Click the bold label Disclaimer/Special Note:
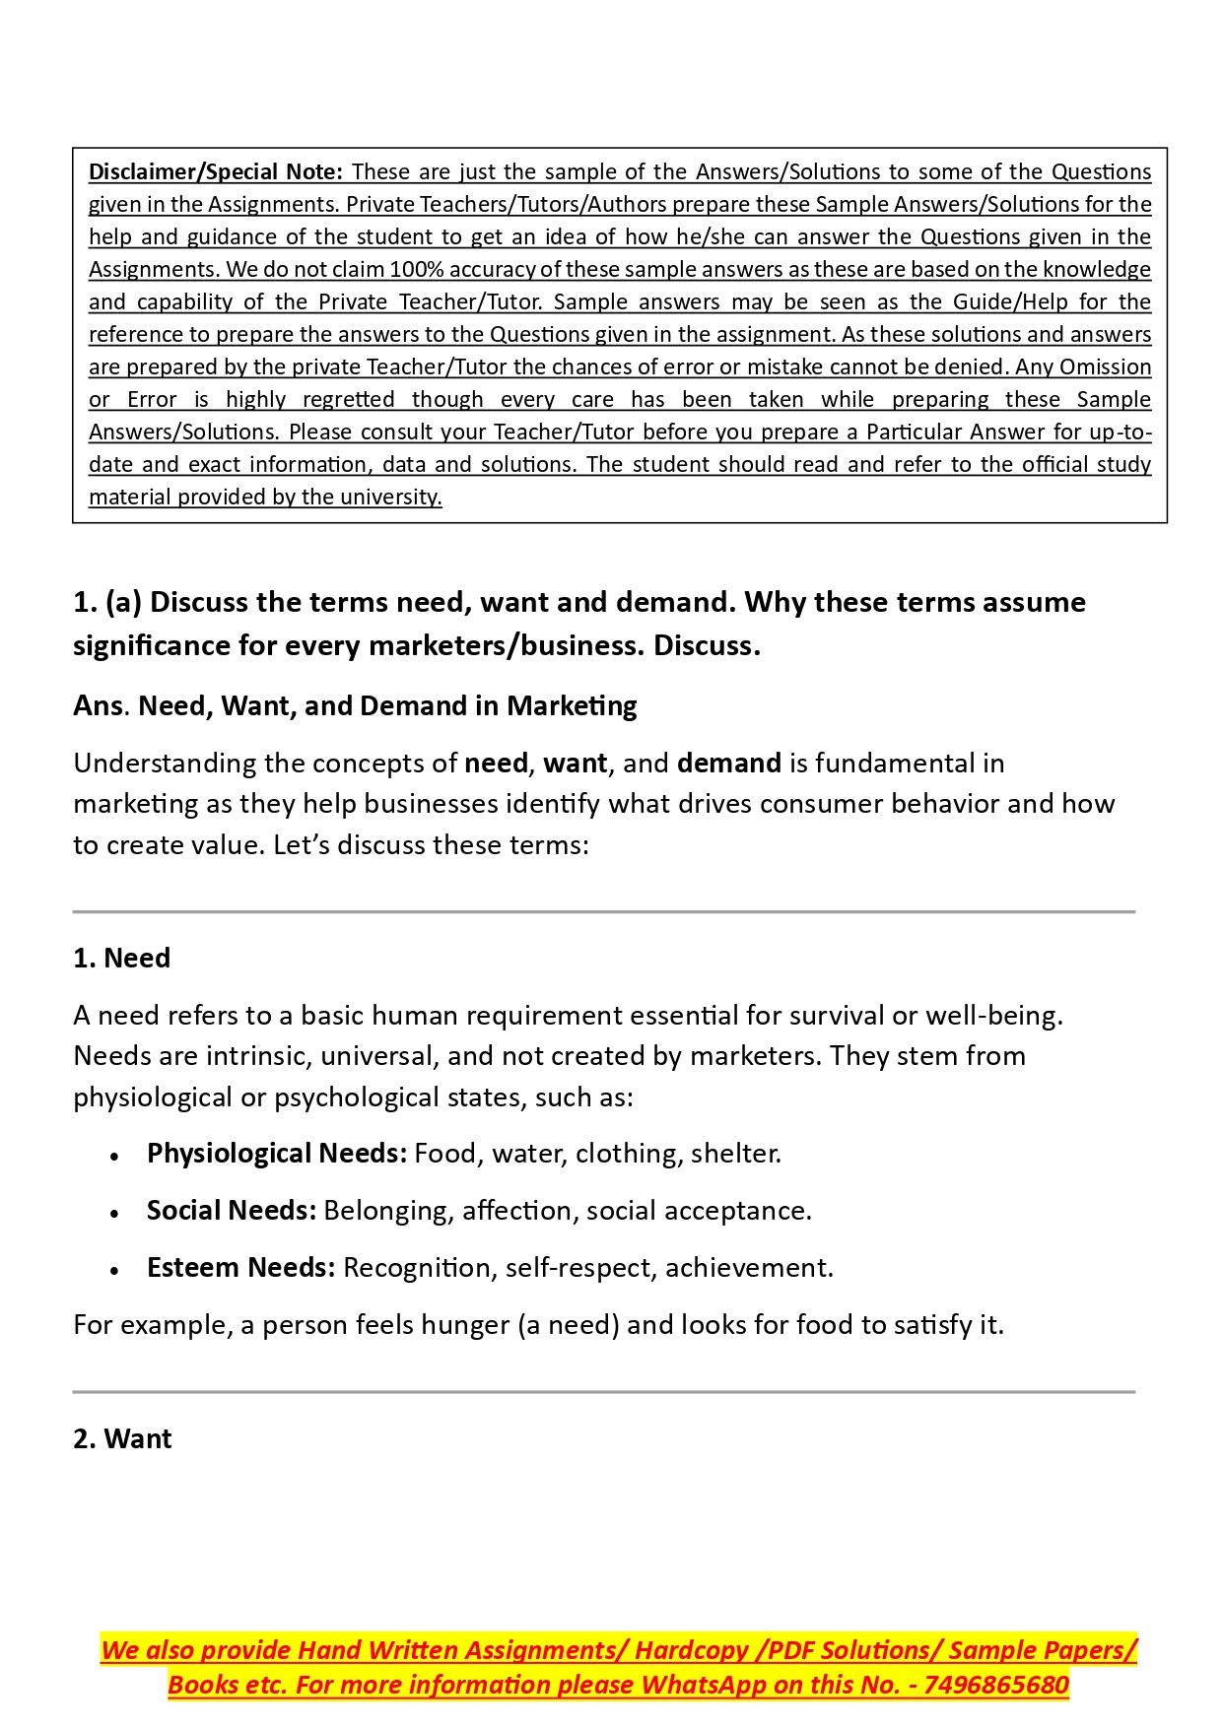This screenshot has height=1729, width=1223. [x=215, y=171]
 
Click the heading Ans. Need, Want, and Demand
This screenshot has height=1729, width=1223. [x=355, y=705]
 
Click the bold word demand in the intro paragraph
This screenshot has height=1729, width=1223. [x=728, y=763]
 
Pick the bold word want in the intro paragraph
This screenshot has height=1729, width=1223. [x=575, y=763]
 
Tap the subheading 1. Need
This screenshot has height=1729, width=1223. [x=121, y=958]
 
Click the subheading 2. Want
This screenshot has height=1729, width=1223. [x=122, y=1438]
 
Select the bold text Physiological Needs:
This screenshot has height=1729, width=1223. [x=276, y=1153]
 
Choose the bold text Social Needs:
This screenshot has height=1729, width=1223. [x=231, y=1210]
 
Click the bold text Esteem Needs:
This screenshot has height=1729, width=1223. [x=240, y=1267]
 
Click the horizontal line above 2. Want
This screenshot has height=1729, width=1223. [x=603, y=1392]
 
